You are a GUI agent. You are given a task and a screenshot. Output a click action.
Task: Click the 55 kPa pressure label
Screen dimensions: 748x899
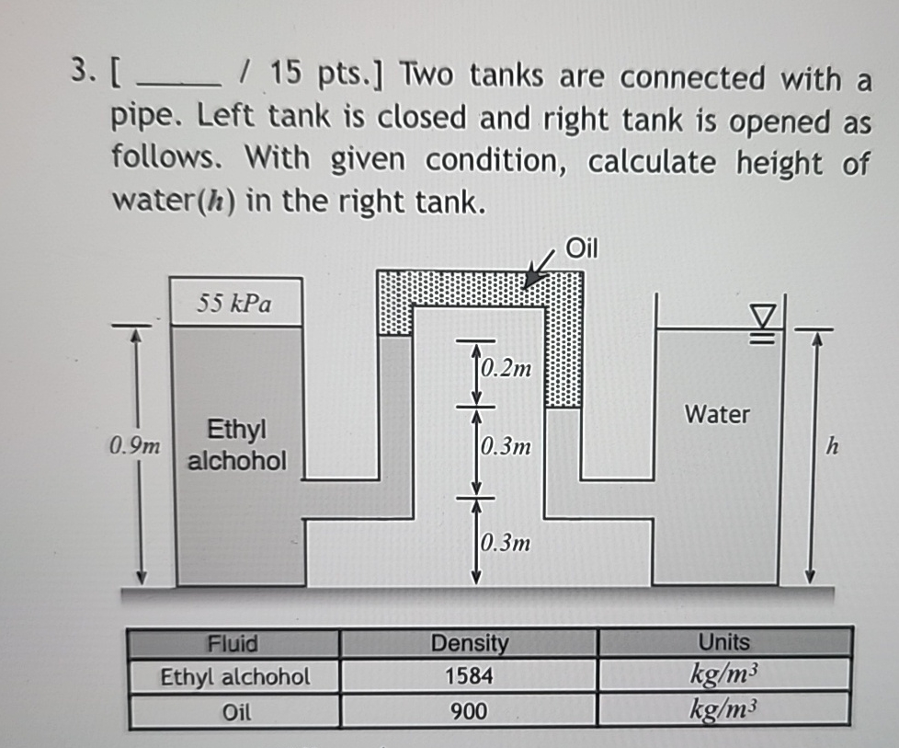[x=234, y=303]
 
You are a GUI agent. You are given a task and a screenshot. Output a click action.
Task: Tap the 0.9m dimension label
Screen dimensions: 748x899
[x=132, y=448]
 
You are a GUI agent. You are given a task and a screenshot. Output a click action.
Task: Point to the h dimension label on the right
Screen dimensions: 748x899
[x=833, y=448]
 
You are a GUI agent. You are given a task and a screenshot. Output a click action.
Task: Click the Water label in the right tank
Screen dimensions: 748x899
[x=717, y=415]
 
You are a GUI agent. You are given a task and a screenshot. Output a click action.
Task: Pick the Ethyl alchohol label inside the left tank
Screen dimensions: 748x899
[x=236, y=444]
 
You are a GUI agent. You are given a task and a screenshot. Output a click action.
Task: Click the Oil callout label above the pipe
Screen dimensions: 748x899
[x=581, y=247]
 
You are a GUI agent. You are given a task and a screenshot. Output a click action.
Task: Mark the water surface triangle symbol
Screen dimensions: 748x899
[x=762, y=317]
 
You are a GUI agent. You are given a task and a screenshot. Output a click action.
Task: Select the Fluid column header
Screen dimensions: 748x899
[x=233, y=643]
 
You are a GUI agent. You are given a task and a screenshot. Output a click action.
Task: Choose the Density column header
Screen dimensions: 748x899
[x=469, y=643]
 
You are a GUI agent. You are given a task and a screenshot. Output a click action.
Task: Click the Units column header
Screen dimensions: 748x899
[x=723, y=643]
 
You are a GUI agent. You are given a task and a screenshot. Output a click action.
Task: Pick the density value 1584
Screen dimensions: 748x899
[x=469, y=677]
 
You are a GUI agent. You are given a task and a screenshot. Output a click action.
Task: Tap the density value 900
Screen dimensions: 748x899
[x=469, y=710]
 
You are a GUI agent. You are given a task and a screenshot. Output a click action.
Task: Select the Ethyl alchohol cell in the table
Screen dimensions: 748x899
[x=235, y=677]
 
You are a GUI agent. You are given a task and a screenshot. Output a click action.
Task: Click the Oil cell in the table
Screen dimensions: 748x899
[x=235, y=711]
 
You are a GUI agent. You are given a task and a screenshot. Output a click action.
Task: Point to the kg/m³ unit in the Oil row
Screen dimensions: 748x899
[x=723, y=710]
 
